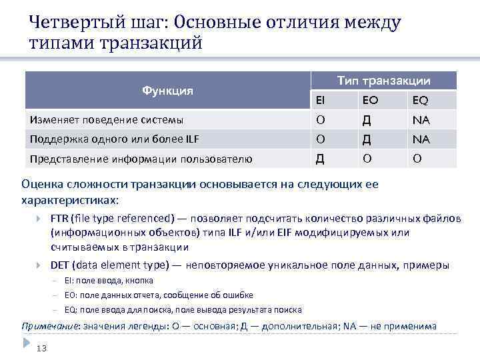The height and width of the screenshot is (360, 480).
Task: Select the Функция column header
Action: click(167, 91)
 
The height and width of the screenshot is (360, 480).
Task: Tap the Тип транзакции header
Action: click(383, 81)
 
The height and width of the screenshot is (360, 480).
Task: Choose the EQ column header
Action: click(420, 101)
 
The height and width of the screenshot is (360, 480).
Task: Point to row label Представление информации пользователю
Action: click(140, 158)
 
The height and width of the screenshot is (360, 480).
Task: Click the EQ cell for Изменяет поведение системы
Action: click(421, 120)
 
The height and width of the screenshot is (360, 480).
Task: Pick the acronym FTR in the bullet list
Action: click(60, 219)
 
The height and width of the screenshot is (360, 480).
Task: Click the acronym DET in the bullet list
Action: click(61, 265)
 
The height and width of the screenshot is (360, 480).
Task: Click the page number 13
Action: click(41, 348)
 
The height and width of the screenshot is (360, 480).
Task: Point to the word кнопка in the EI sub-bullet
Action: click(141, 281)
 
